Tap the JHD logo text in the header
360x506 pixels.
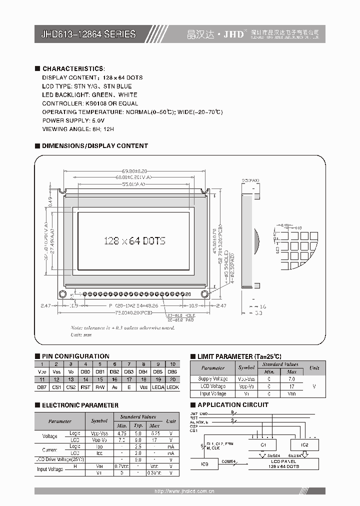tap(233, 34)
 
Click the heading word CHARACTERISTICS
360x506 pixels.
tap(73, 68)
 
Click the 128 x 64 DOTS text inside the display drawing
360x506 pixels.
tap(134, 241)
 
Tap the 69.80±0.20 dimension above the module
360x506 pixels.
tap(134, 171)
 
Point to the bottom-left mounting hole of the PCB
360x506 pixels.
tap(62, 293)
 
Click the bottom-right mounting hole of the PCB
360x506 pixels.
tap(204, 293)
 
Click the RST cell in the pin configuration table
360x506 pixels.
tap(85, 387)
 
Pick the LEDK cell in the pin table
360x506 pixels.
tap(172, 387)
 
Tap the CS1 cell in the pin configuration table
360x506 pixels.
tap(56, 387)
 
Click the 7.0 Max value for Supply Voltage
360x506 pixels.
tap(292, 379)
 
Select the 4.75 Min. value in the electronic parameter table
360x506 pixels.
tap(120, 432)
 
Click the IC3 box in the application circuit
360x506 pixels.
tap(204, 463)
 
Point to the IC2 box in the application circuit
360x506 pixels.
tap(305, 444)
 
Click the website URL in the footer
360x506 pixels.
tap(184, 491)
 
